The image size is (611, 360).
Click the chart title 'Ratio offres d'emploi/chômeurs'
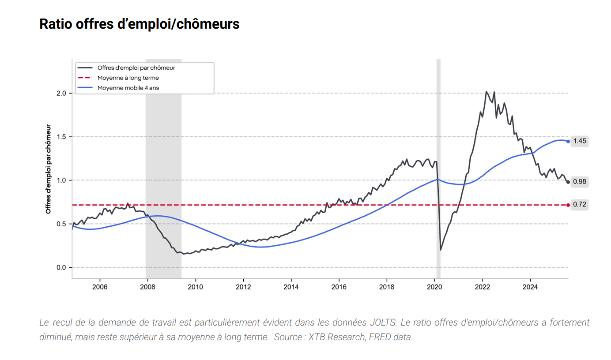click(140, 24)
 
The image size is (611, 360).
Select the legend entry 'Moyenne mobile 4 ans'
click(128, 88)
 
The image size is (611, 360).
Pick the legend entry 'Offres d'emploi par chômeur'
click(136, 67)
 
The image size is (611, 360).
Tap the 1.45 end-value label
click(580, 141)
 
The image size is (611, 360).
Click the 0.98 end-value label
click(580, 181)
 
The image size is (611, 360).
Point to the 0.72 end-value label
click(580, 205)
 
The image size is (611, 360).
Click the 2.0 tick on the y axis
click(61, 93)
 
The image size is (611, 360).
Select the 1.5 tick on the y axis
click(61, 137)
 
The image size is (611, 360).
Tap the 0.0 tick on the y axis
click(61, 267)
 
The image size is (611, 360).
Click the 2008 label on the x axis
click(147, 286)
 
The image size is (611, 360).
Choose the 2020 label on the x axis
click(435, 286)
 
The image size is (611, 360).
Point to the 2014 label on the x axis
click(291, 286)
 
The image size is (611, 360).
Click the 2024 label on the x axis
click(530, 286)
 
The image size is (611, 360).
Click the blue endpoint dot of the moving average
click(568, 141)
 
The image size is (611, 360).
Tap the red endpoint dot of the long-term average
click(568, 205)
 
